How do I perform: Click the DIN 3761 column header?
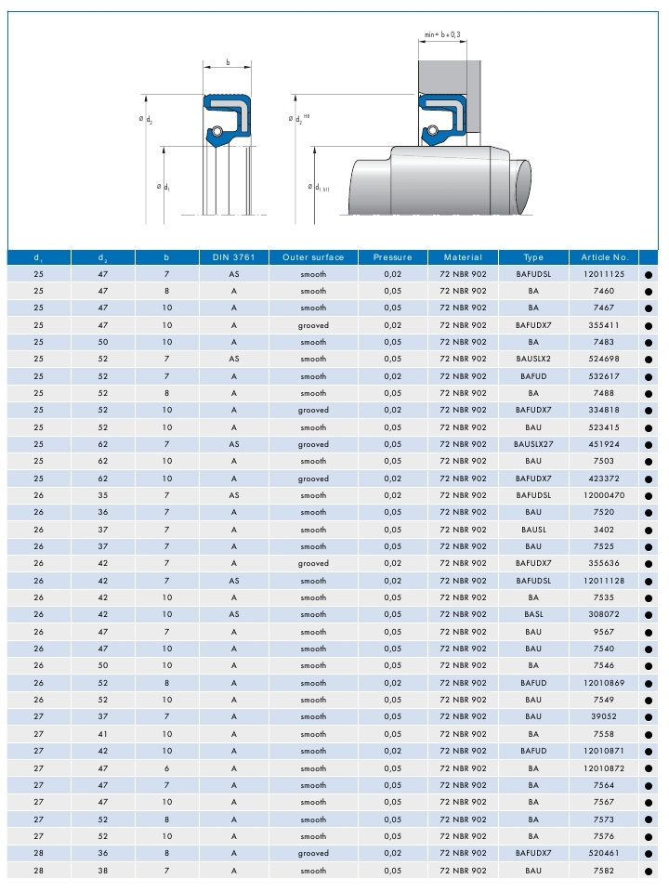pyautogui.click(x=233, y=257)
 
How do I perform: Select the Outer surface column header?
pyautogui.click(x=313, y=257)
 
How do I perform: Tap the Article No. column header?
pyautogui.click(x=605, y=257)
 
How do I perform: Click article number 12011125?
pyautogui.click(x=605, y=274)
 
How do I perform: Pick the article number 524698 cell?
pyautogui.click(x=605, y=359)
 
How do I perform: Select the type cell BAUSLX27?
pyautogui.click(x=533, y=444)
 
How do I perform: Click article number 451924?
pyautogui.click(x=605, y=444)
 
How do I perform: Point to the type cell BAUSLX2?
pyautogui.click(x=533, y=359)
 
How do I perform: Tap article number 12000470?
pyautogui.click(x=605, y=495)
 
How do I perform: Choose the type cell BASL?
pyautogui.click(x=533, y=614)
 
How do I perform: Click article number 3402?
pyautogui.click(x=605, y=530)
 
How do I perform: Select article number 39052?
pyautogui.click(x=605, y=716)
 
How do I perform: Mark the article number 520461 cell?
pyautogui.click(x=605, y=853)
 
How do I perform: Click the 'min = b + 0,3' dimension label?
pyautogui.click(x=442, y=34)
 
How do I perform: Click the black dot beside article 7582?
pyautogui.click(x=649, y=871)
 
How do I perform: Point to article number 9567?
pyautogui.click(x=605, y=632)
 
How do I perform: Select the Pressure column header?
pyautogui.click(x=392, y=257)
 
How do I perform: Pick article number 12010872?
pyautogui.click(x=605, y=767)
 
